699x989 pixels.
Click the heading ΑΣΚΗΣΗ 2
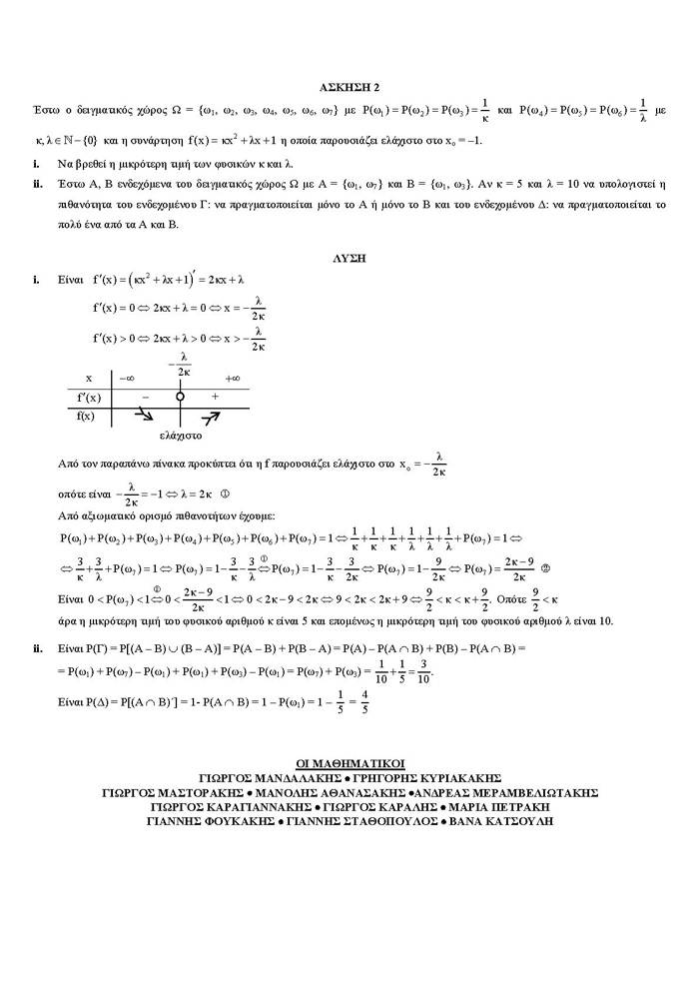tap(349, 87)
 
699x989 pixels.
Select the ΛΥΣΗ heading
tap(349, 257)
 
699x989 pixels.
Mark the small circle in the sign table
tap(181, 397)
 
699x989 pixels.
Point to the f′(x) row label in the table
tap(92, 397)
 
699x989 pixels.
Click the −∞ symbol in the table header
tap(127, 379)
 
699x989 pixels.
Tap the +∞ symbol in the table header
tap(232, 379)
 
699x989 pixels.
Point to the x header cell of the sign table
tap(90, 379)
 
